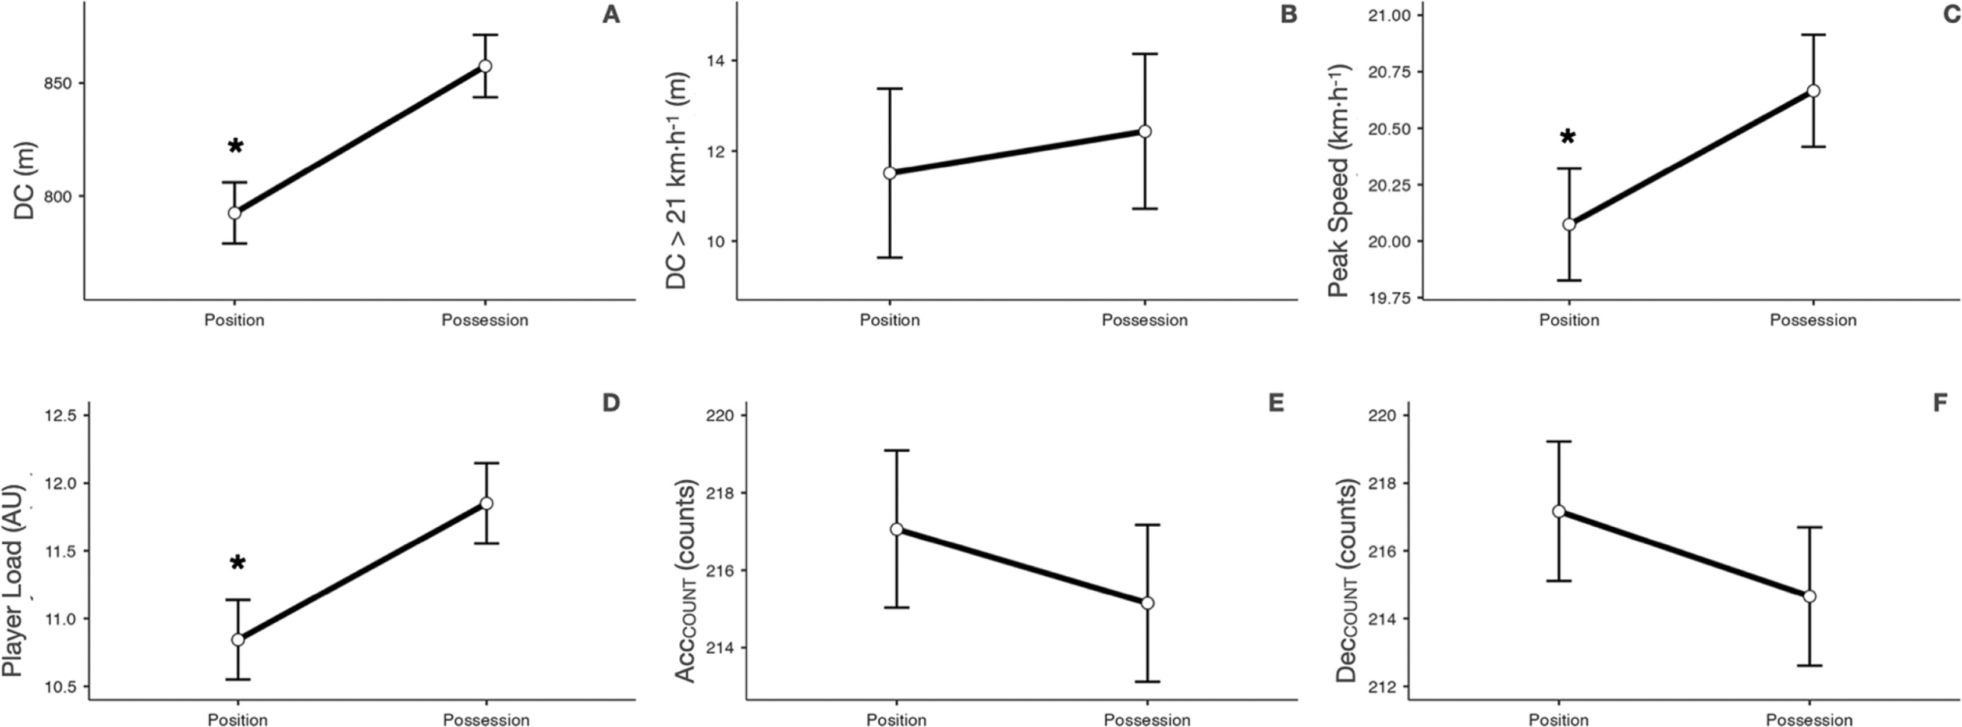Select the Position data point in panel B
889,173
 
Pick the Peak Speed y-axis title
1338,180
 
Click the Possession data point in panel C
1814,91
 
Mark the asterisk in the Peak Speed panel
1567,137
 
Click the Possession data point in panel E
1147,603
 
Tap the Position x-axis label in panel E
896,720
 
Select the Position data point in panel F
1559,511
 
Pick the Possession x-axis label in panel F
1809,720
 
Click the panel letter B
1288,15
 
